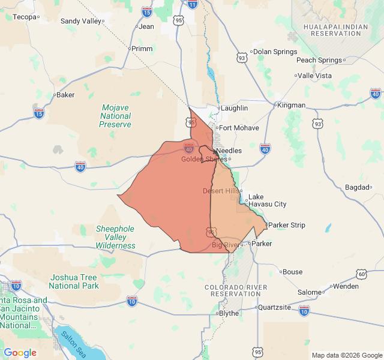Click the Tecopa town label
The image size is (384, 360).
point(25,17)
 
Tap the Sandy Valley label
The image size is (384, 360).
point(81,21)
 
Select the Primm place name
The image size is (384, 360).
point(142,49)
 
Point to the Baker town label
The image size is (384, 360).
point(65,95)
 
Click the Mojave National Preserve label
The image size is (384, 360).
point(116,116)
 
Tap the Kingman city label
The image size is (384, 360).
point(292,105)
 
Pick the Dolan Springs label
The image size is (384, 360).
point(275,52)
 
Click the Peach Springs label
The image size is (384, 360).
point(319,60)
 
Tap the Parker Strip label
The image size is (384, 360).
point(287,225)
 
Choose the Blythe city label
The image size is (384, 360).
point(229,313)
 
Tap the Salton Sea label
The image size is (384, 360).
point(72,345)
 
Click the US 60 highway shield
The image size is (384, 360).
point(361,274)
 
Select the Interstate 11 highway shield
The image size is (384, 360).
point(192,4)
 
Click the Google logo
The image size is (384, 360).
point(20,353)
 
